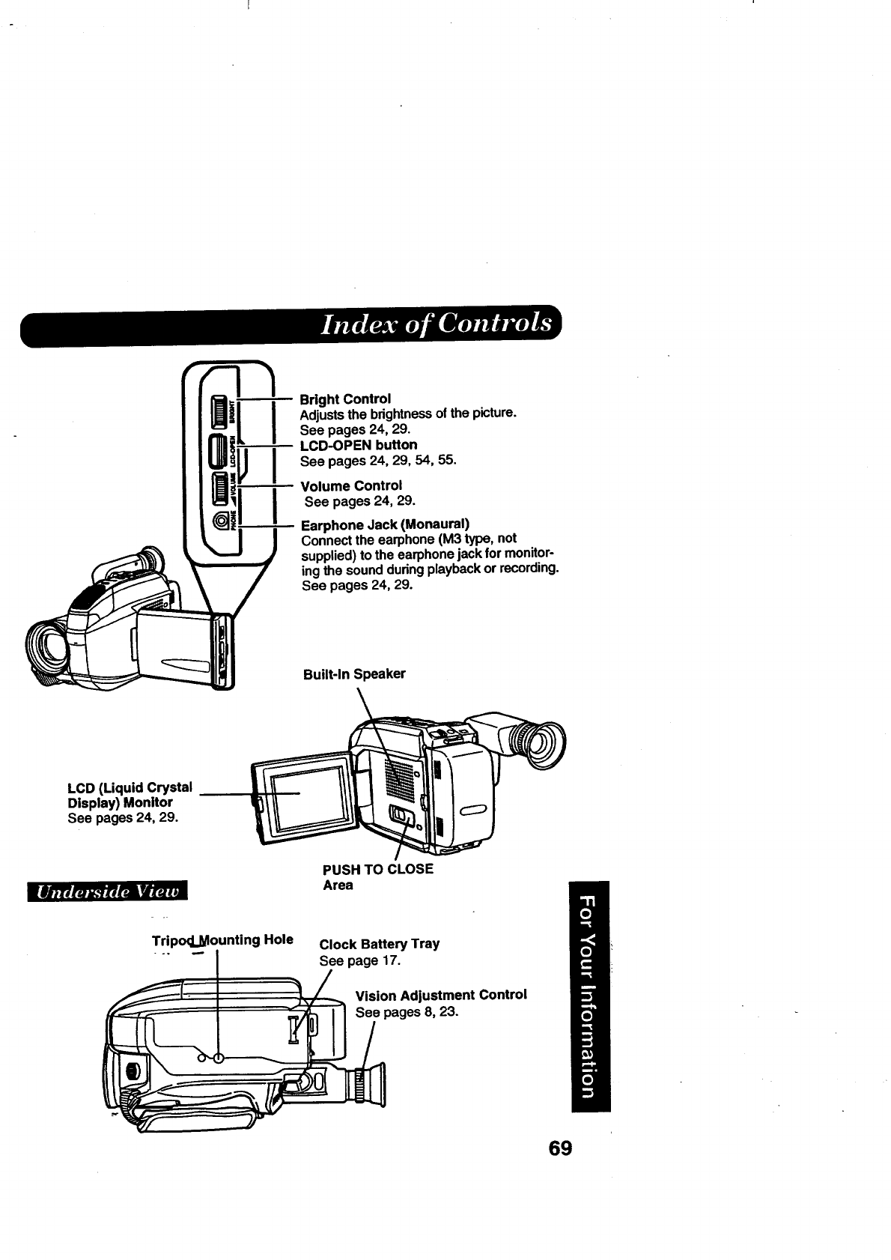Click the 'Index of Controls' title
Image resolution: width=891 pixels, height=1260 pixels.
(439, 324)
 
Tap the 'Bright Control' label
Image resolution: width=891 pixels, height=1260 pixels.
(345, 398)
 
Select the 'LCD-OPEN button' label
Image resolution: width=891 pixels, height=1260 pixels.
(359, 445)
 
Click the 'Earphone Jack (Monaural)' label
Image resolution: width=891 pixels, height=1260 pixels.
(384, 524)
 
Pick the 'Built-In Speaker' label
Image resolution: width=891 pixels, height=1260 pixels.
(353, 673)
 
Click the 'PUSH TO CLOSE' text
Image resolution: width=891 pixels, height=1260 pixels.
(377, 869)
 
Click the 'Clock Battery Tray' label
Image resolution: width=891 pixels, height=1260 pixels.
(379, 943)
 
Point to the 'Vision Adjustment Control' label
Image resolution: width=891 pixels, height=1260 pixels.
(440, 995)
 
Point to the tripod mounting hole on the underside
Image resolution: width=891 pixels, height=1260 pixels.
(218, 1058)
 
